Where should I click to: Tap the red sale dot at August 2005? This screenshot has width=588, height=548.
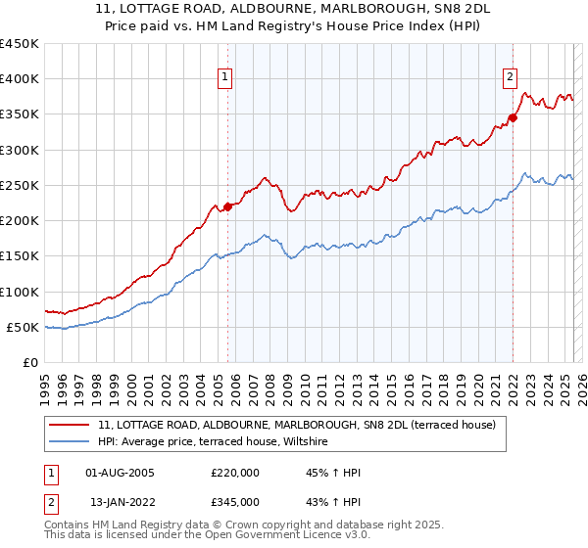tap(227, 205)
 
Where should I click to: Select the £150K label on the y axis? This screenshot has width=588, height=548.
tap(20, 256)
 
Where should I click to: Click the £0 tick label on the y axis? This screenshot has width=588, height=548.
tap(31, 362)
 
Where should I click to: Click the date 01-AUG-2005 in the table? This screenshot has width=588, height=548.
tap(121, 473)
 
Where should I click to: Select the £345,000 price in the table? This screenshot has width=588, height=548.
tap(235, 502)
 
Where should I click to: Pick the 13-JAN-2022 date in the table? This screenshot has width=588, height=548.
tap(121, 502)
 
